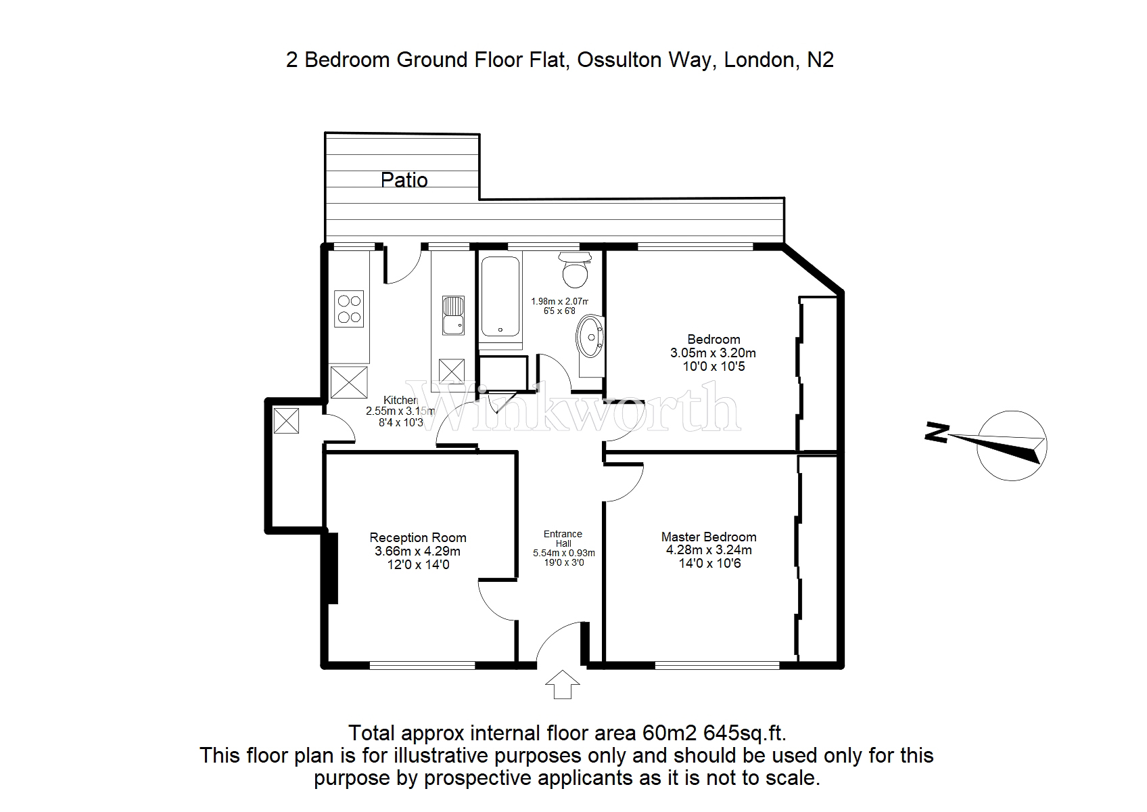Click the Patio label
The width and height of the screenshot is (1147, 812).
[404, 180]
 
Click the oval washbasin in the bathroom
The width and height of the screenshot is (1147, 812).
[590, 336]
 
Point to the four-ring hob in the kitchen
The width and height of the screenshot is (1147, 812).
[349, 309]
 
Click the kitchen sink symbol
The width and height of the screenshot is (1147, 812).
[452, 315]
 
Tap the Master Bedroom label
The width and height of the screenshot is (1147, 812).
[709, 537]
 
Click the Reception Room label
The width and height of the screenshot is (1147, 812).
[418, 538]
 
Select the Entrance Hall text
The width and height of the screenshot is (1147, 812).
[563, 539]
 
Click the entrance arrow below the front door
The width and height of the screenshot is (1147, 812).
[563, 684]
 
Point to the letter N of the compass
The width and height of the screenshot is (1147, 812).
[937, 432]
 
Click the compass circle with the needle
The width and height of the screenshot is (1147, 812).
[1012, 446]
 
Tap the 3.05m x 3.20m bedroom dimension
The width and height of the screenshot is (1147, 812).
[713, 353]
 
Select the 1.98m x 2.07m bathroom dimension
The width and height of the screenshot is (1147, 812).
[559, 302]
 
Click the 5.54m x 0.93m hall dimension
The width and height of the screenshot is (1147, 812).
[563, 553]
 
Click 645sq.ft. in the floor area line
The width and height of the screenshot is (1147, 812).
[745, 733]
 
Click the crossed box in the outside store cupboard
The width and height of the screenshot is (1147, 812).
[286, 420]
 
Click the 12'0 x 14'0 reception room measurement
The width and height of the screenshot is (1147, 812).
[418, 564]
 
